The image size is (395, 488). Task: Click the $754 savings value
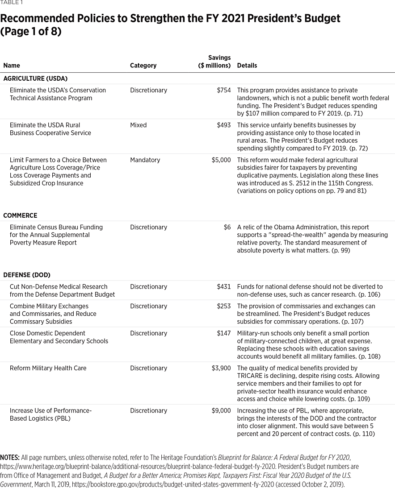223,90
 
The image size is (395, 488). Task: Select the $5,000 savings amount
221,160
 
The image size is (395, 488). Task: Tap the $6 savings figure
227,227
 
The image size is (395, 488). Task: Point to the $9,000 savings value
221,410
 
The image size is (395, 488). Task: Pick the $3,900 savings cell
221,368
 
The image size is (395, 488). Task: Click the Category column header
143,66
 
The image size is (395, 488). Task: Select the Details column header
247,66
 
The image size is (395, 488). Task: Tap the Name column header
12,66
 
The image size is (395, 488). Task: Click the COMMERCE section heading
20,215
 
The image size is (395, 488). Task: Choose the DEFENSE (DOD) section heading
27,275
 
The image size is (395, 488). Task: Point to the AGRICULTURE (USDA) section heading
35,79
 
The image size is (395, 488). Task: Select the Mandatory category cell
145,160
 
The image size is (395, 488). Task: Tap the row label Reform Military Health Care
48,368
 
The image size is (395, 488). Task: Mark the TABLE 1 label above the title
11,3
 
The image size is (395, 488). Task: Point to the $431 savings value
223,287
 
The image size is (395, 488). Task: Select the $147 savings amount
223,333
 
